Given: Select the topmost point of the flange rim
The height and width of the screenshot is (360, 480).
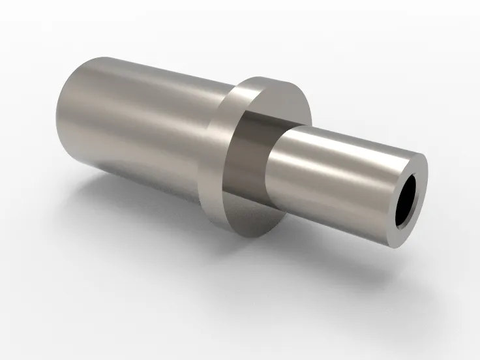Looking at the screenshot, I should pos(267,77).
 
